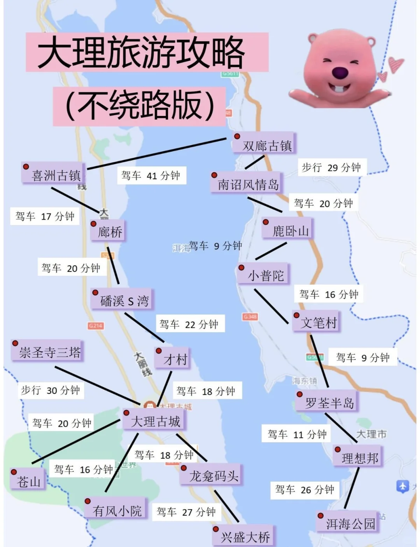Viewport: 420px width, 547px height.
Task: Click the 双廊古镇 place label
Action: click(267, 146)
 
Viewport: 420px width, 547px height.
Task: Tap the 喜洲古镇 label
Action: click(56, 175)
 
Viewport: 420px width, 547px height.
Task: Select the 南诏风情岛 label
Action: click(248, 184)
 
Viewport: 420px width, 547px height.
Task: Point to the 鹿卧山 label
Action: click(290, 231)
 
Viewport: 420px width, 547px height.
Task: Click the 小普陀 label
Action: click(266, 276)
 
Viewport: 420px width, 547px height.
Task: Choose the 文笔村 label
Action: click(318, 323)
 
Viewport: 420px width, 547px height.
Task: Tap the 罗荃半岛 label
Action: click(329, 403)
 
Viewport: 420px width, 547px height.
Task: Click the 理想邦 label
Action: click(360, 458)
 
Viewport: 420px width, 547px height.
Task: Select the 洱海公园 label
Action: click(350, 524)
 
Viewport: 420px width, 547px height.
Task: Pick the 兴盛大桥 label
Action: click(245, 537)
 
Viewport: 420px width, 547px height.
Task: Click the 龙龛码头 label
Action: click(213, 476)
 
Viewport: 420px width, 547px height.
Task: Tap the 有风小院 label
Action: click(117, 510)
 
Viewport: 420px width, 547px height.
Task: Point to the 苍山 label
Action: click(29, 482)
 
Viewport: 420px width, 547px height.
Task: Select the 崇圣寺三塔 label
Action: click(50, 352)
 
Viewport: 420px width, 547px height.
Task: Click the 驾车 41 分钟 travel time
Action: click(151, 175)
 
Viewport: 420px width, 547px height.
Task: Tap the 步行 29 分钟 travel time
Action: click(331, 168)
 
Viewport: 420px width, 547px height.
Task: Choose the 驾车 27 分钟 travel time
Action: click(186, 512)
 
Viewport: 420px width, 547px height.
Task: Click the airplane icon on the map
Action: click(402, 486)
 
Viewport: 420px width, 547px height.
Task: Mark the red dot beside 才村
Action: click(159, 351)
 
